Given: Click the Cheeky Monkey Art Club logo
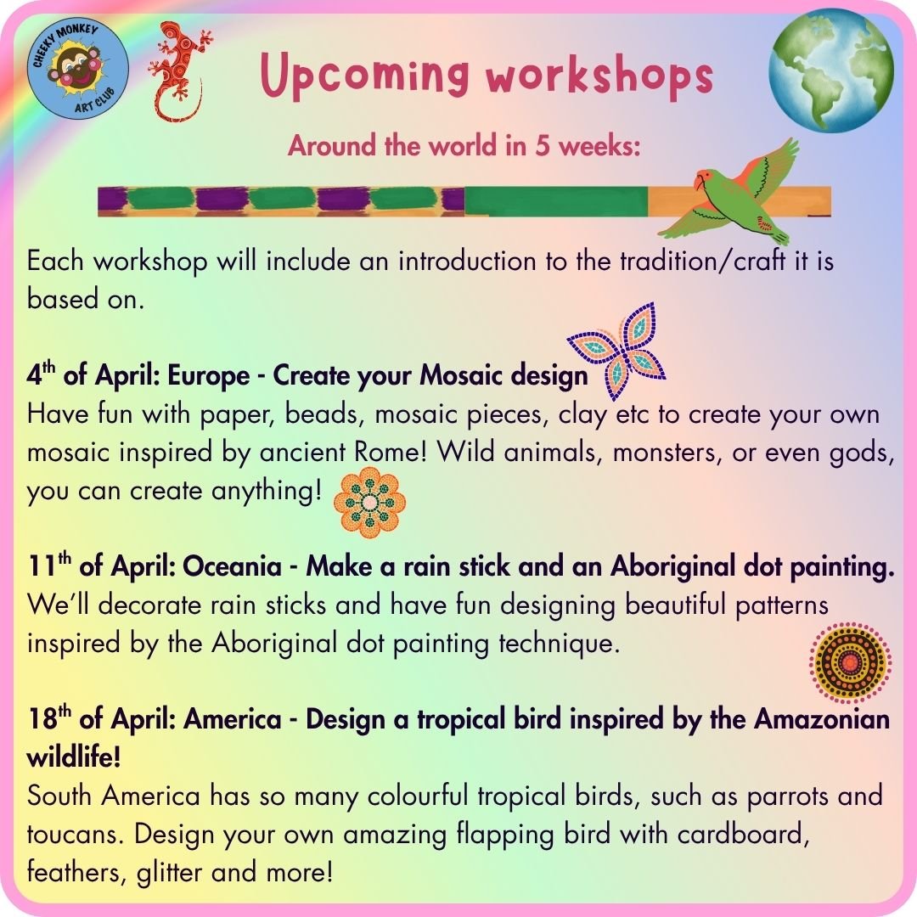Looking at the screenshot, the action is (x=78, y=69).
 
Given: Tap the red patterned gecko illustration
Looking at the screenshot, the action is (x=179, y=71).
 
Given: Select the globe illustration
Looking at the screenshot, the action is (x=831, y=70).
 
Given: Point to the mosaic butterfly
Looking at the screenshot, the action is (x=617, y=351).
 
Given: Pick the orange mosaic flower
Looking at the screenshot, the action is (x=369, y=502).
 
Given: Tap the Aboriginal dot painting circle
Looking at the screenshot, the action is (x=850, y=662).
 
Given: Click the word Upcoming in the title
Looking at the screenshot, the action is (x=364, y=76).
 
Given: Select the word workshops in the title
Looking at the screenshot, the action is (x=599, y=76).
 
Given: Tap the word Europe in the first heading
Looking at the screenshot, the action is (x=209, y=375).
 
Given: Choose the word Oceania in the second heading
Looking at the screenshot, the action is (x=232, y=566).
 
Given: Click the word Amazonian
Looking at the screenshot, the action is (x=822, y=719).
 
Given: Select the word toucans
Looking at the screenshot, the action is (x=75, y=835).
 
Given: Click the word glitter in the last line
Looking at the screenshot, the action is (x=170, y=873).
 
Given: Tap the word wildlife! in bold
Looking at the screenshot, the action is (x=74, y=757).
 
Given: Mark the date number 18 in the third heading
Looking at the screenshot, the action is (x=42, y=719).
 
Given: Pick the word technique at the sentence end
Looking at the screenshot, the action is (x=559, y=644).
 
